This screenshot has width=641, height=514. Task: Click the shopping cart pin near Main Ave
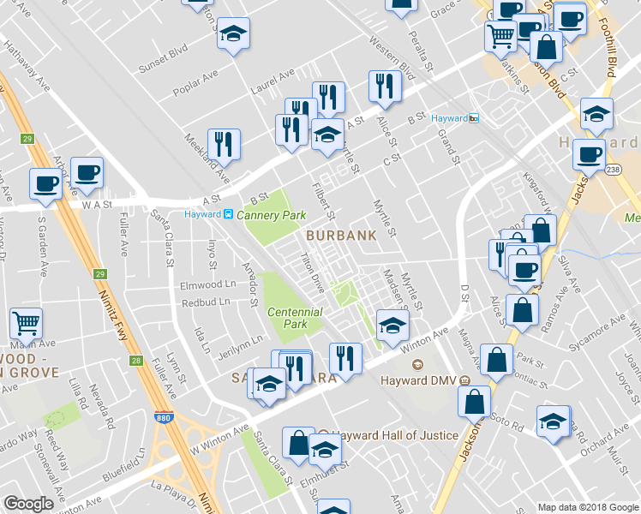pyautogui.click(x=26, y=324)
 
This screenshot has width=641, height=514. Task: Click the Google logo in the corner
pyautogui.click(x=28, y=504)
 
